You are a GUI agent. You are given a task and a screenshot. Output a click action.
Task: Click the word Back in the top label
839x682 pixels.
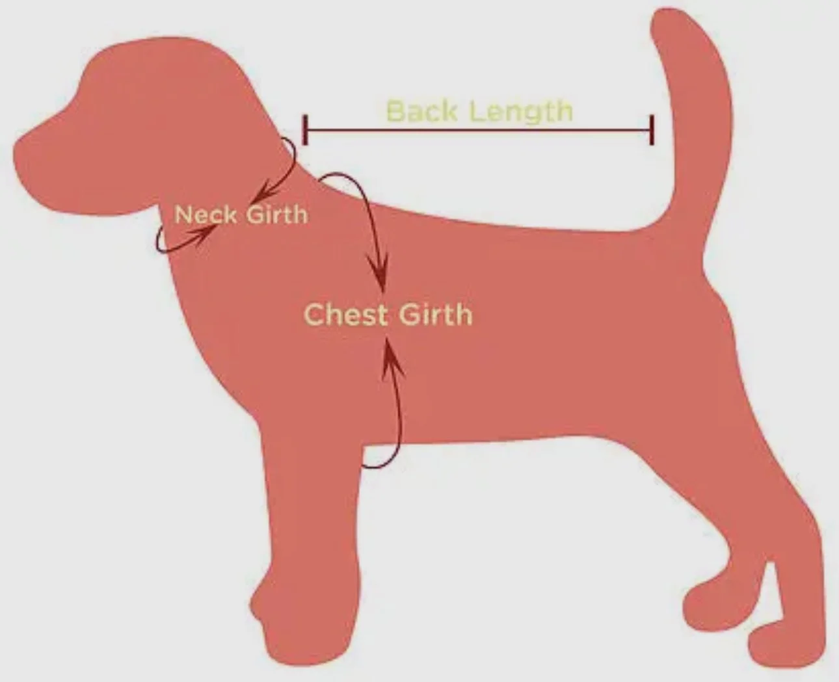coord(421,111)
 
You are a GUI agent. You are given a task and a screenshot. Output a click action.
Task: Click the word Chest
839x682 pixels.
coord(344,315)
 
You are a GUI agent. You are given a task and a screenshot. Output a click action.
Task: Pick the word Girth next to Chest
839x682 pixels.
coord(435,315)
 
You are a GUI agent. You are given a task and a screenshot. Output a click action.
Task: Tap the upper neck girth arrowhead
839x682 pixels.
coord(260,196)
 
